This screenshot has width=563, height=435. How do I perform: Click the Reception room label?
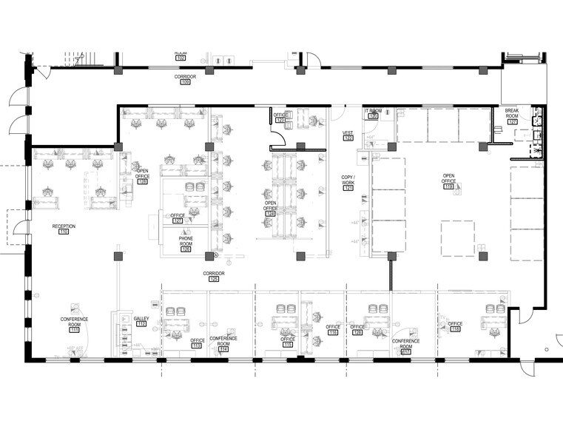tap(64, 226)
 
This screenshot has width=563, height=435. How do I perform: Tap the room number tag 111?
tap(74, 329)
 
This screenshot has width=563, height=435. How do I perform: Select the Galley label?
tap(141, 318)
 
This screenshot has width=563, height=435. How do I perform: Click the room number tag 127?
tap(178, 220)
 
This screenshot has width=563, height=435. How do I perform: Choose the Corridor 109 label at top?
tap(185, 76)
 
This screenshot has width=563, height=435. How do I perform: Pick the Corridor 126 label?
tap(214, 273)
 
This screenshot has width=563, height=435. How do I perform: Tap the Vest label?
tap(348, 133)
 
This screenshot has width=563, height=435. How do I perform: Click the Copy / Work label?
tap(348, 180)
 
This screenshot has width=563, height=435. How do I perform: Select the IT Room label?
tap(373, 111)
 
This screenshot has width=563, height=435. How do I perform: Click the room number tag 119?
tap(448, 186)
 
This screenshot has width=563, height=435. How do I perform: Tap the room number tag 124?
tap(271, 214)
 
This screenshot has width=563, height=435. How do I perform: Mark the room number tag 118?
tap(455, 330)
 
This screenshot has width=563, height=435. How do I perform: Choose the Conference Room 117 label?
tap(405, 343)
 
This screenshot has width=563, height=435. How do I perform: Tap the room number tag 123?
tap(280, 120)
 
